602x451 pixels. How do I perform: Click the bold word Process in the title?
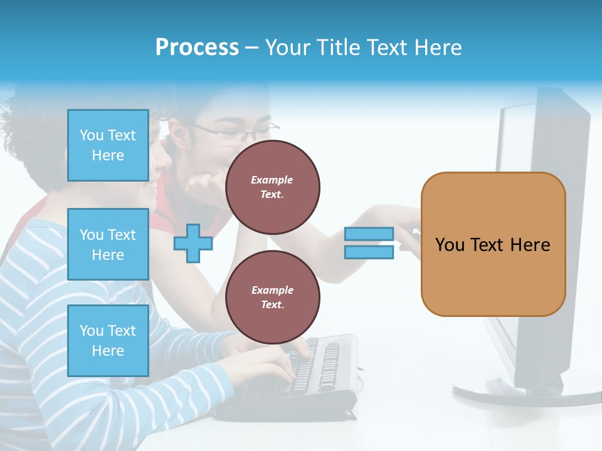[x=197, y=48]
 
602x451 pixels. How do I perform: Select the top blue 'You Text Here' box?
[x=108, y=145]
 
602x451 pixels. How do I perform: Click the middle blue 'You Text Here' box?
[x=108, y=244]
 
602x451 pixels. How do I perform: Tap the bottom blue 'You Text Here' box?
[x=108, y=340]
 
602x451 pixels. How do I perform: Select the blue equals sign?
[x=369, y=243]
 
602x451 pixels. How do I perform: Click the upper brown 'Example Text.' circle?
[x=272, y=187]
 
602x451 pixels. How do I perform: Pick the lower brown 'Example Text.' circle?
[x=272, y=298]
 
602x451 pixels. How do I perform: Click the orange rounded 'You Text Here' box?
[x=493, y=244]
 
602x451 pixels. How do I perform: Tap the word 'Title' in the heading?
[x=339, y=48]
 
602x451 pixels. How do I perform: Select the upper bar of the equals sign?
[x=369, y=234]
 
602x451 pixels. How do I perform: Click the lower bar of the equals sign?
[x=369, y=252]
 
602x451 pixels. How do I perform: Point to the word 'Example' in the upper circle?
[x=272, y=180]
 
